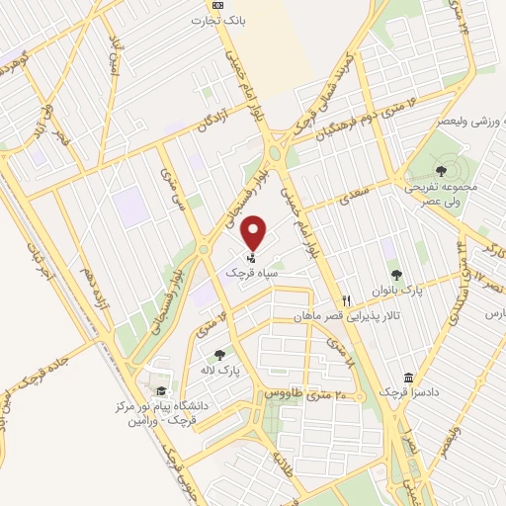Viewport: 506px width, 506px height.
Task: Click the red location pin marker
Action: pos(255,232)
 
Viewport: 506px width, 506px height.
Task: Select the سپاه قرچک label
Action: pos(232,271)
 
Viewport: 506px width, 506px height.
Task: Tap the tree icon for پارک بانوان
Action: pos(396,275)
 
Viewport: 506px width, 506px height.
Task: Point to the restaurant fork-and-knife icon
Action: pos(345,300)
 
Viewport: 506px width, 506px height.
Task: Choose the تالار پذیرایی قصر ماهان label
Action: pos(333,316)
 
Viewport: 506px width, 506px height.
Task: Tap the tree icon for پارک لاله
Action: pos(218,354)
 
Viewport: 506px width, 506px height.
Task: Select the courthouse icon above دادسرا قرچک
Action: pos(408,378)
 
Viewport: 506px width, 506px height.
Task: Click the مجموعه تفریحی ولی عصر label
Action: pos(440,187)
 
